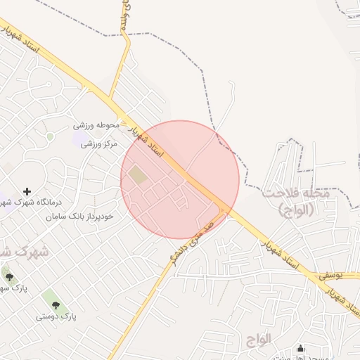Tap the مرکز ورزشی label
coord(98,144)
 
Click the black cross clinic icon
coord(27,191)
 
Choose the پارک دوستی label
coord(56,317)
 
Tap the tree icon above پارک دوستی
coord(56,305)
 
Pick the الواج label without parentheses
coord(259,339)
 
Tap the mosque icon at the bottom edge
coord(301,349)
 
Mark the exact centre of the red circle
coord(180,180)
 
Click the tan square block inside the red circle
coord(139,175)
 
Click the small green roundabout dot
coord(50,136)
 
